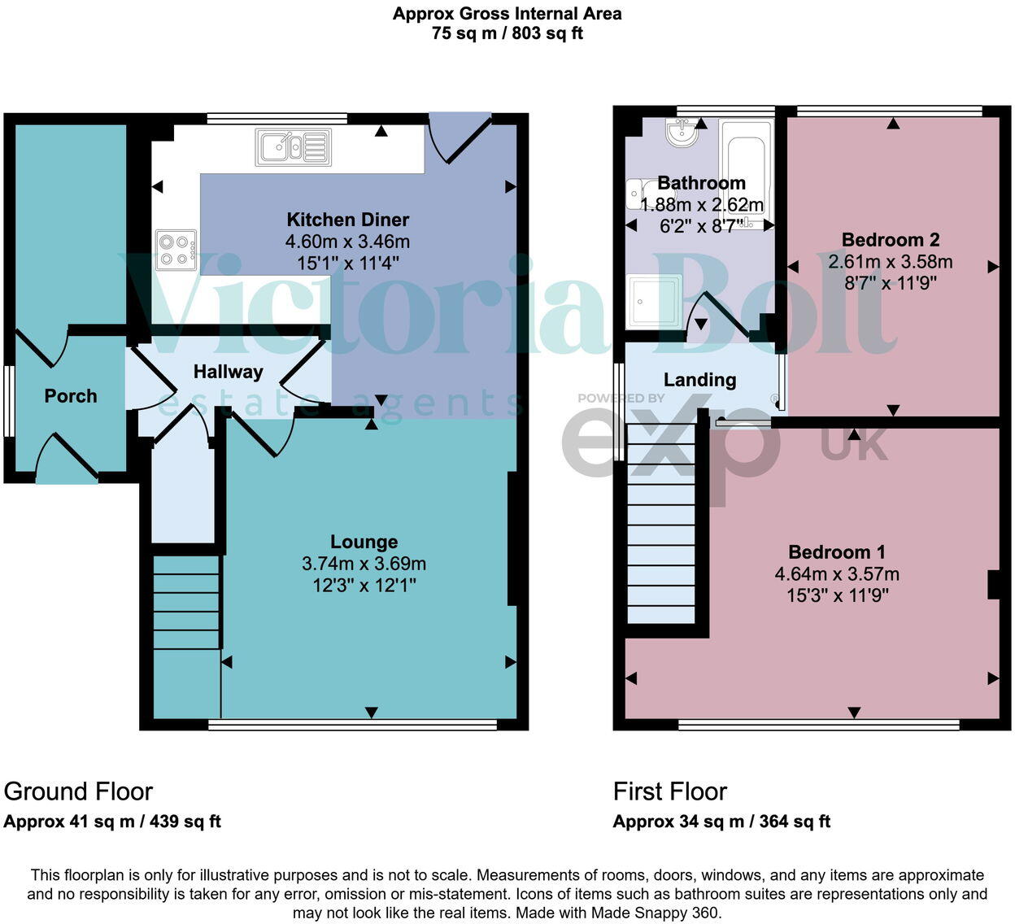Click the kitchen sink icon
[293, 147]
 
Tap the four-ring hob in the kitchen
[176, 250]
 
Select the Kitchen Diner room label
[347, 220]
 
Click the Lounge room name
[364, 542]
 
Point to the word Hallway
[229, 372]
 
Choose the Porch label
[70, 396]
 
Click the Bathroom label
[701, 183]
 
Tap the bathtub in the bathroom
[747, 174]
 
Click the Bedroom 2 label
[891, 239]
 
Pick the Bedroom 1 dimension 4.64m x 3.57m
[837, 573]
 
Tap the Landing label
[699, 380]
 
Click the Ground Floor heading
[78, 791]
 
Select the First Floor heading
[670, 791]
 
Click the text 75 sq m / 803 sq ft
[507, 33]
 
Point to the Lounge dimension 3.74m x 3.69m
[364, 563]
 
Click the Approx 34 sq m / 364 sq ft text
[721, 822]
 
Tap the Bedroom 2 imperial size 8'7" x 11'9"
[891, 283]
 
